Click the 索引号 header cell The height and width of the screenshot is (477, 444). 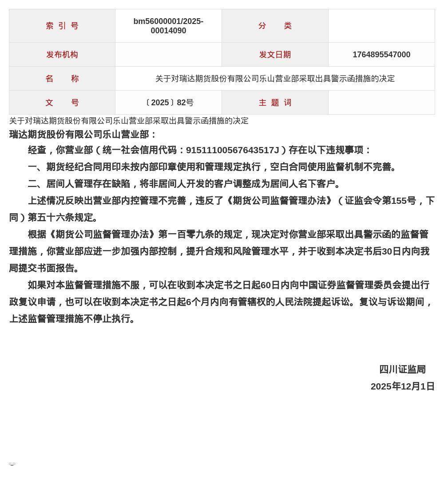[x=62, y=26]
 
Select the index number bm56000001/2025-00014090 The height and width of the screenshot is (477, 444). [x=168, y=26]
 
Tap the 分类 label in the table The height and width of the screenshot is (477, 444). [x=275, y=26]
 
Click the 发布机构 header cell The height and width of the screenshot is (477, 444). [x=62, y=55]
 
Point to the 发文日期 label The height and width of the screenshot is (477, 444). [x=275, y=55]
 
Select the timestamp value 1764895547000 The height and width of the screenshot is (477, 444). [x=381, y=55]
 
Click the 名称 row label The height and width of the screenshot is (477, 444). [x=62, y=79]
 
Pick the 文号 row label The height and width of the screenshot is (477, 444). [x=62, y=103]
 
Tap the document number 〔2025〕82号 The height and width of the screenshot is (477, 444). [x=168, y=103]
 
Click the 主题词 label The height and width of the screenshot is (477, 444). [x=275, y=103]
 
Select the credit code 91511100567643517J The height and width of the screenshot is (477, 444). [x=232, y=150]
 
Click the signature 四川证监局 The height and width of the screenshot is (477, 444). [x=402, y=370]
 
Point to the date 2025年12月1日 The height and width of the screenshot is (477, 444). [x=402, y=386]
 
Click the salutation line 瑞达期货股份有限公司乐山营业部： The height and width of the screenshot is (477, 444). [x=83, y=135]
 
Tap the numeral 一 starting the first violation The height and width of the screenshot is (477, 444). [x=32, y=167]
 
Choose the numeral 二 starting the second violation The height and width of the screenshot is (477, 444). [x=32, y=184]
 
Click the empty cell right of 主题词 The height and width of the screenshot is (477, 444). [x=381, y=103]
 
